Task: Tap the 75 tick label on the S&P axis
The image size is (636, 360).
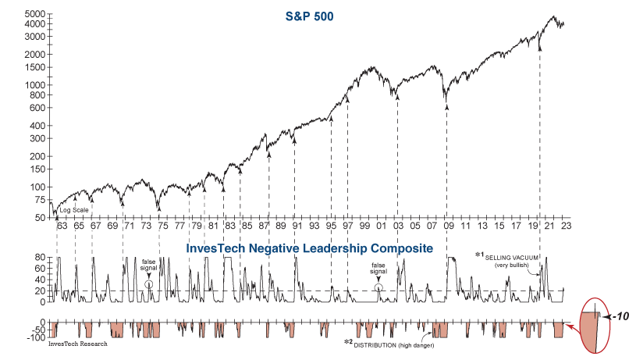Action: click(39, 200)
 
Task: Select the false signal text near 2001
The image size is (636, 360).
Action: click(378, 268)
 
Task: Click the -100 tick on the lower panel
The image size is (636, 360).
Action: click(37, 337)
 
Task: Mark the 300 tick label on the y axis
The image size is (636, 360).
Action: click(36, 138)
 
